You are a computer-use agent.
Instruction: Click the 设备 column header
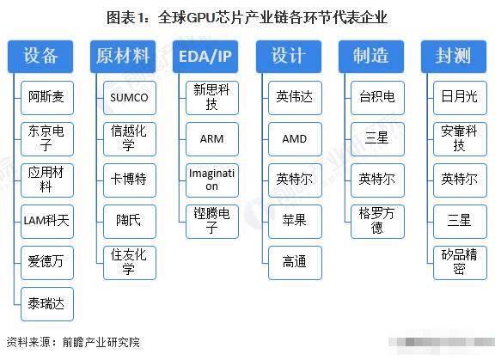pos(40,57)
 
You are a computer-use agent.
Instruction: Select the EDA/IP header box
pos(205,57)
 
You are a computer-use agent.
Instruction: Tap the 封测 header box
pos(454,57)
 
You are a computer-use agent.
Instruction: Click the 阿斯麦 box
pos(47,98)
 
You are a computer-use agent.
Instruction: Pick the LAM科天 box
pos(47,222)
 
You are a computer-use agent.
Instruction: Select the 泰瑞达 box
pos(47,304)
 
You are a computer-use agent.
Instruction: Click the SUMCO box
pos(130,98)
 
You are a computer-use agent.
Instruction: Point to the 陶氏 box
pos(130,222)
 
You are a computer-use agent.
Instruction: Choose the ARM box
pos(212,139)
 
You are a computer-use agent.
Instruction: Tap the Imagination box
pos(212,180)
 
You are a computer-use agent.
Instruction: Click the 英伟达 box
pos(295,98)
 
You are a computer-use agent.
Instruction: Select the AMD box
pos(295,139)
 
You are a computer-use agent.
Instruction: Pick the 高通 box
pos(295,263)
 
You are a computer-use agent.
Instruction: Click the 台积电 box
pos(377,98)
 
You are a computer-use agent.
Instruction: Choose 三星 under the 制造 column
pos(377,139)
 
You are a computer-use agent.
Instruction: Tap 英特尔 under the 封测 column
pos(460,180)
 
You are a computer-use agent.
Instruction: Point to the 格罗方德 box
pos(377,222)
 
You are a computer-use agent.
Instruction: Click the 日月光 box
pos(460,98)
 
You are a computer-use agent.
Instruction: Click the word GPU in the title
pos(201,17)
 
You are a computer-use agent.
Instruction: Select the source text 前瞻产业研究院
pos(101,342)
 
